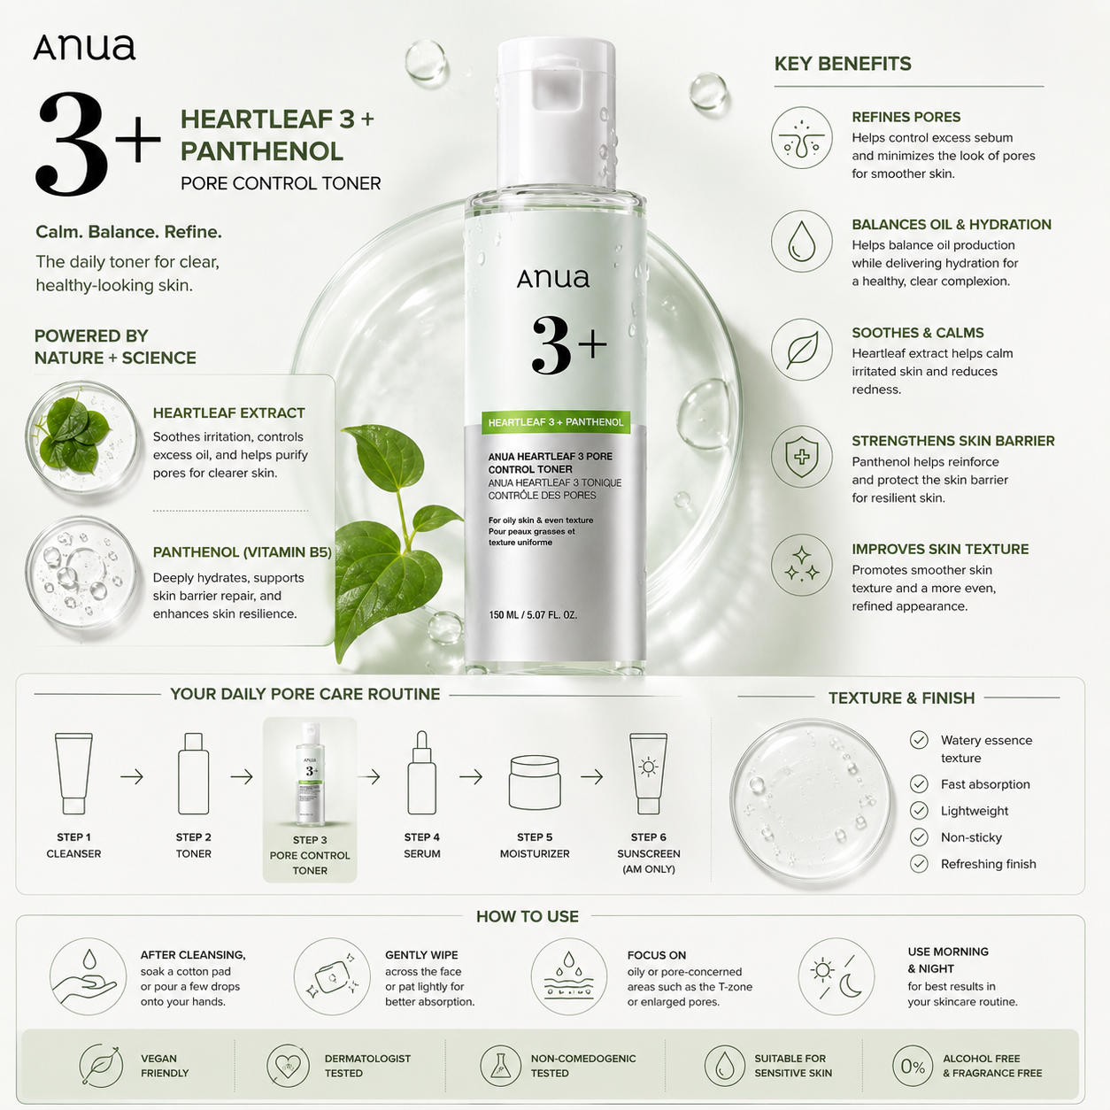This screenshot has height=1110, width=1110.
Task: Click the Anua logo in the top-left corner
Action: [x=84, y=47]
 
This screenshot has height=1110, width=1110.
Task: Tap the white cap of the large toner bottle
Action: [x=556, y=113]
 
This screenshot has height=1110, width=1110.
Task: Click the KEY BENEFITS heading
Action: [x=842, y=64]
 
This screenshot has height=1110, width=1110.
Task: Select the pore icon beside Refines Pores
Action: [x=801, y=138]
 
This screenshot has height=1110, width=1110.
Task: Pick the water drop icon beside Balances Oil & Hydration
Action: [x=801, y=242]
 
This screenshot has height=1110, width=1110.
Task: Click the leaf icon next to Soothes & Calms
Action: [x=801, y=350]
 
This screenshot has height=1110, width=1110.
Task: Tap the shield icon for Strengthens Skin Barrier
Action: [x=801, y=457]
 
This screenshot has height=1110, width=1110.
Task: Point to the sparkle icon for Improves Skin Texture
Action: [x=801, y=565]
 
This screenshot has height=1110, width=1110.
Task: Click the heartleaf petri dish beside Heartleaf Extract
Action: [x=81, y=439]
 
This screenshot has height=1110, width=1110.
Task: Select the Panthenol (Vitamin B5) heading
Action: [x=242, y=551]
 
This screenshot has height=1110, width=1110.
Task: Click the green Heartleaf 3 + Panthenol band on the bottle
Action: [x=555, y=422]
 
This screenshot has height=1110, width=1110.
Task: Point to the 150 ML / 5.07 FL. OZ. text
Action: [x=533, y=614]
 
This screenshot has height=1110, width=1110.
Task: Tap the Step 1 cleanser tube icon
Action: [x=73, y=773]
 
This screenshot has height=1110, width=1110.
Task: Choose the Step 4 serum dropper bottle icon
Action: [x=421, y=773]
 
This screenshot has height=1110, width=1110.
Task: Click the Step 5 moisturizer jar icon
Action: [x=535, y=782]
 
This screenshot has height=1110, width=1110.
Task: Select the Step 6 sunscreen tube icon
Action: [x=649, y=773]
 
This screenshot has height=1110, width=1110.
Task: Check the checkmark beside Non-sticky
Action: [x=919, y=837]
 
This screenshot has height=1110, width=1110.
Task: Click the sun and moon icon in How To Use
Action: [x=836, y=976]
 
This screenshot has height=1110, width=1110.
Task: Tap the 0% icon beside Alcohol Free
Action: [x=913, y=1067]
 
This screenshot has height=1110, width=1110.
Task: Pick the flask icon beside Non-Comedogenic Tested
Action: [x=501, y=1067]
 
